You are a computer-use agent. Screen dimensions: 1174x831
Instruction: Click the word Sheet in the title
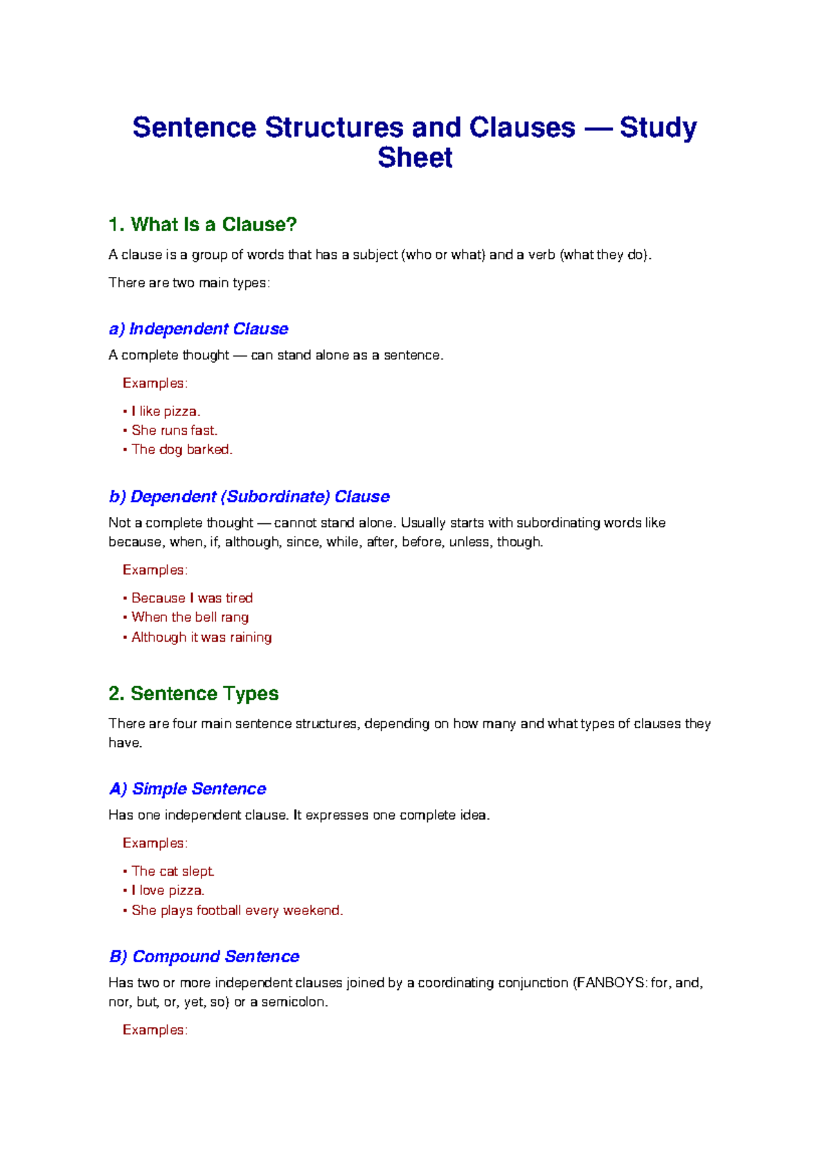point(415,158)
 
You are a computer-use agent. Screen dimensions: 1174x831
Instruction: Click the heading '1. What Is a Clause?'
point(203,224)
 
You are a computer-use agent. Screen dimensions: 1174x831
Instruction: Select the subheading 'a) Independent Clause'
point(199,329)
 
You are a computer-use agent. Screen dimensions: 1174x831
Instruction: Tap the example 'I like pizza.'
point(166,411)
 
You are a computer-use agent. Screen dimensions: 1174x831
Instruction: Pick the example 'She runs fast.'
point(175,431)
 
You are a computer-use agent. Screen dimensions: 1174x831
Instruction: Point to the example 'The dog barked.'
point(182,449)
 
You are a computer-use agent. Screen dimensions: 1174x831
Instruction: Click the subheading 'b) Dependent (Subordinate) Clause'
point(249,496)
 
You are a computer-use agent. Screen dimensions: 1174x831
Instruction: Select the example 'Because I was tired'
point(192,598)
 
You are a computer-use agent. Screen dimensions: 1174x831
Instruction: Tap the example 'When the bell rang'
point(190,617)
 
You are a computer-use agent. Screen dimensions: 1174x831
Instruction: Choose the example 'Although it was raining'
point(202,637)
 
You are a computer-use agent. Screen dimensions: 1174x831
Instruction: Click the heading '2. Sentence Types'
point(194,694)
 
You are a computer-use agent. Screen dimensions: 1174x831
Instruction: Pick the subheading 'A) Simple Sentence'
point(188,788)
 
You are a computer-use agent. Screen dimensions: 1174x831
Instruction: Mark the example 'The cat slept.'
point(173,872)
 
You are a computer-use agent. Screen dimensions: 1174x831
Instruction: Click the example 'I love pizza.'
point(168,891)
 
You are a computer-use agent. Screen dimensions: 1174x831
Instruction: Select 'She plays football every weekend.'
point(238,910)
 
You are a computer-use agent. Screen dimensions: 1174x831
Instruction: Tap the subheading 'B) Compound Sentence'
point(204,956)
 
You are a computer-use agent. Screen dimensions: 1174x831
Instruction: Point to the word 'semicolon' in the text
point(293,1002)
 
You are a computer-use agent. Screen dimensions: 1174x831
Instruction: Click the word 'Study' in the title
point(658,127)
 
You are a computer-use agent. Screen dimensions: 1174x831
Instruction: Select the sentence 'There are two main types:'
point(189,282)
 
